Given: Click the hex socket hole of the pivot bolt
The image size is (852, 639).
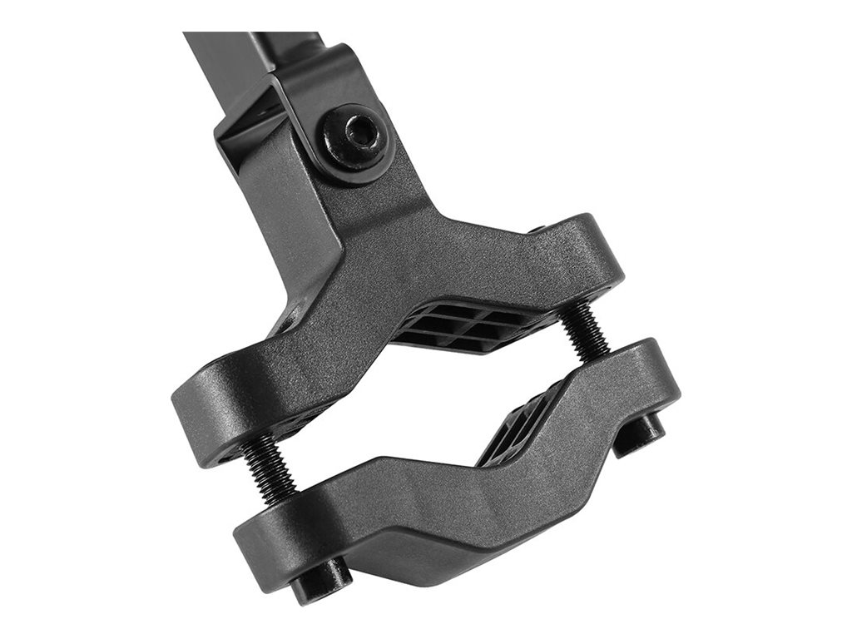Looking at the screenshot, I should [x=359, y=131].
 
